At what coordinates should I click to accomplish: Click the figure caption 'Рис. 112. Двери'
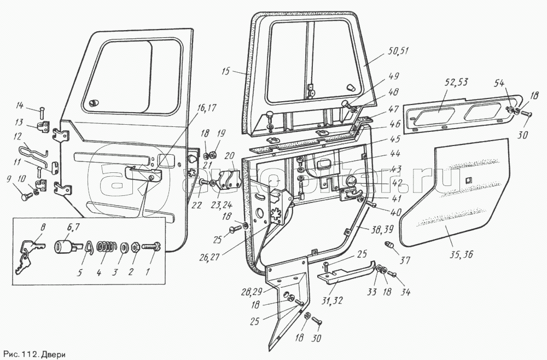(x=34, y=353)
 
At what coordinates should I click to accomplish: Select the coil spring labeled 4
(x=106, y=247)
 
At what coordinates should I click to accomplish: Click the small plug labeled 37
(x=391, y=244)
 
